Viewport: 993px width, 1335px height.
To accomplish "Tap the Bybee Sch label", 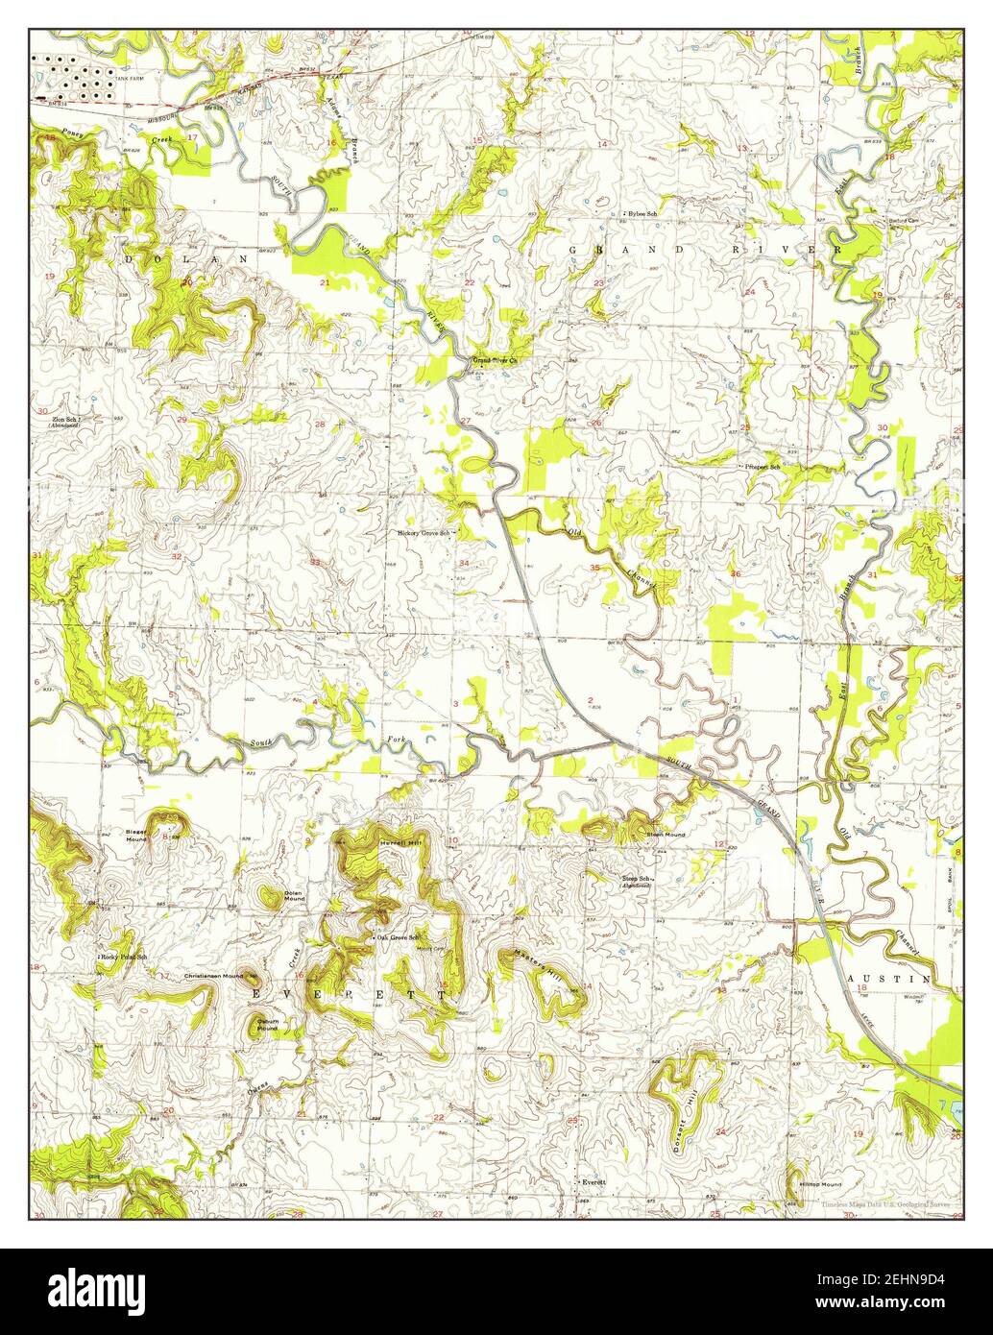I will tap(642, 212).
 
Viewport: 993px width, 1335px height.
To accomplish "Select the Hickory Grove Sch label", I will tap(424, 531).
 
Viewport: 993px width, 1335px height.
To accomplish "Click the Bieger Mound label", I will tap(136, 835).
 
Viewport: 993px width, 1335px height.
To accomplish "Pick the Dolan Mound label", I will tap(294, 896).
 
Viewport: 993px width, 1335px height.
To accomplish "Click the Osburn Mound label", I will tap(266, 1025).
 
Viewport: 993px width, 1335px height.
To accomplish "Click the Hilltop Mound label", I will tap(820, 1184).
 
